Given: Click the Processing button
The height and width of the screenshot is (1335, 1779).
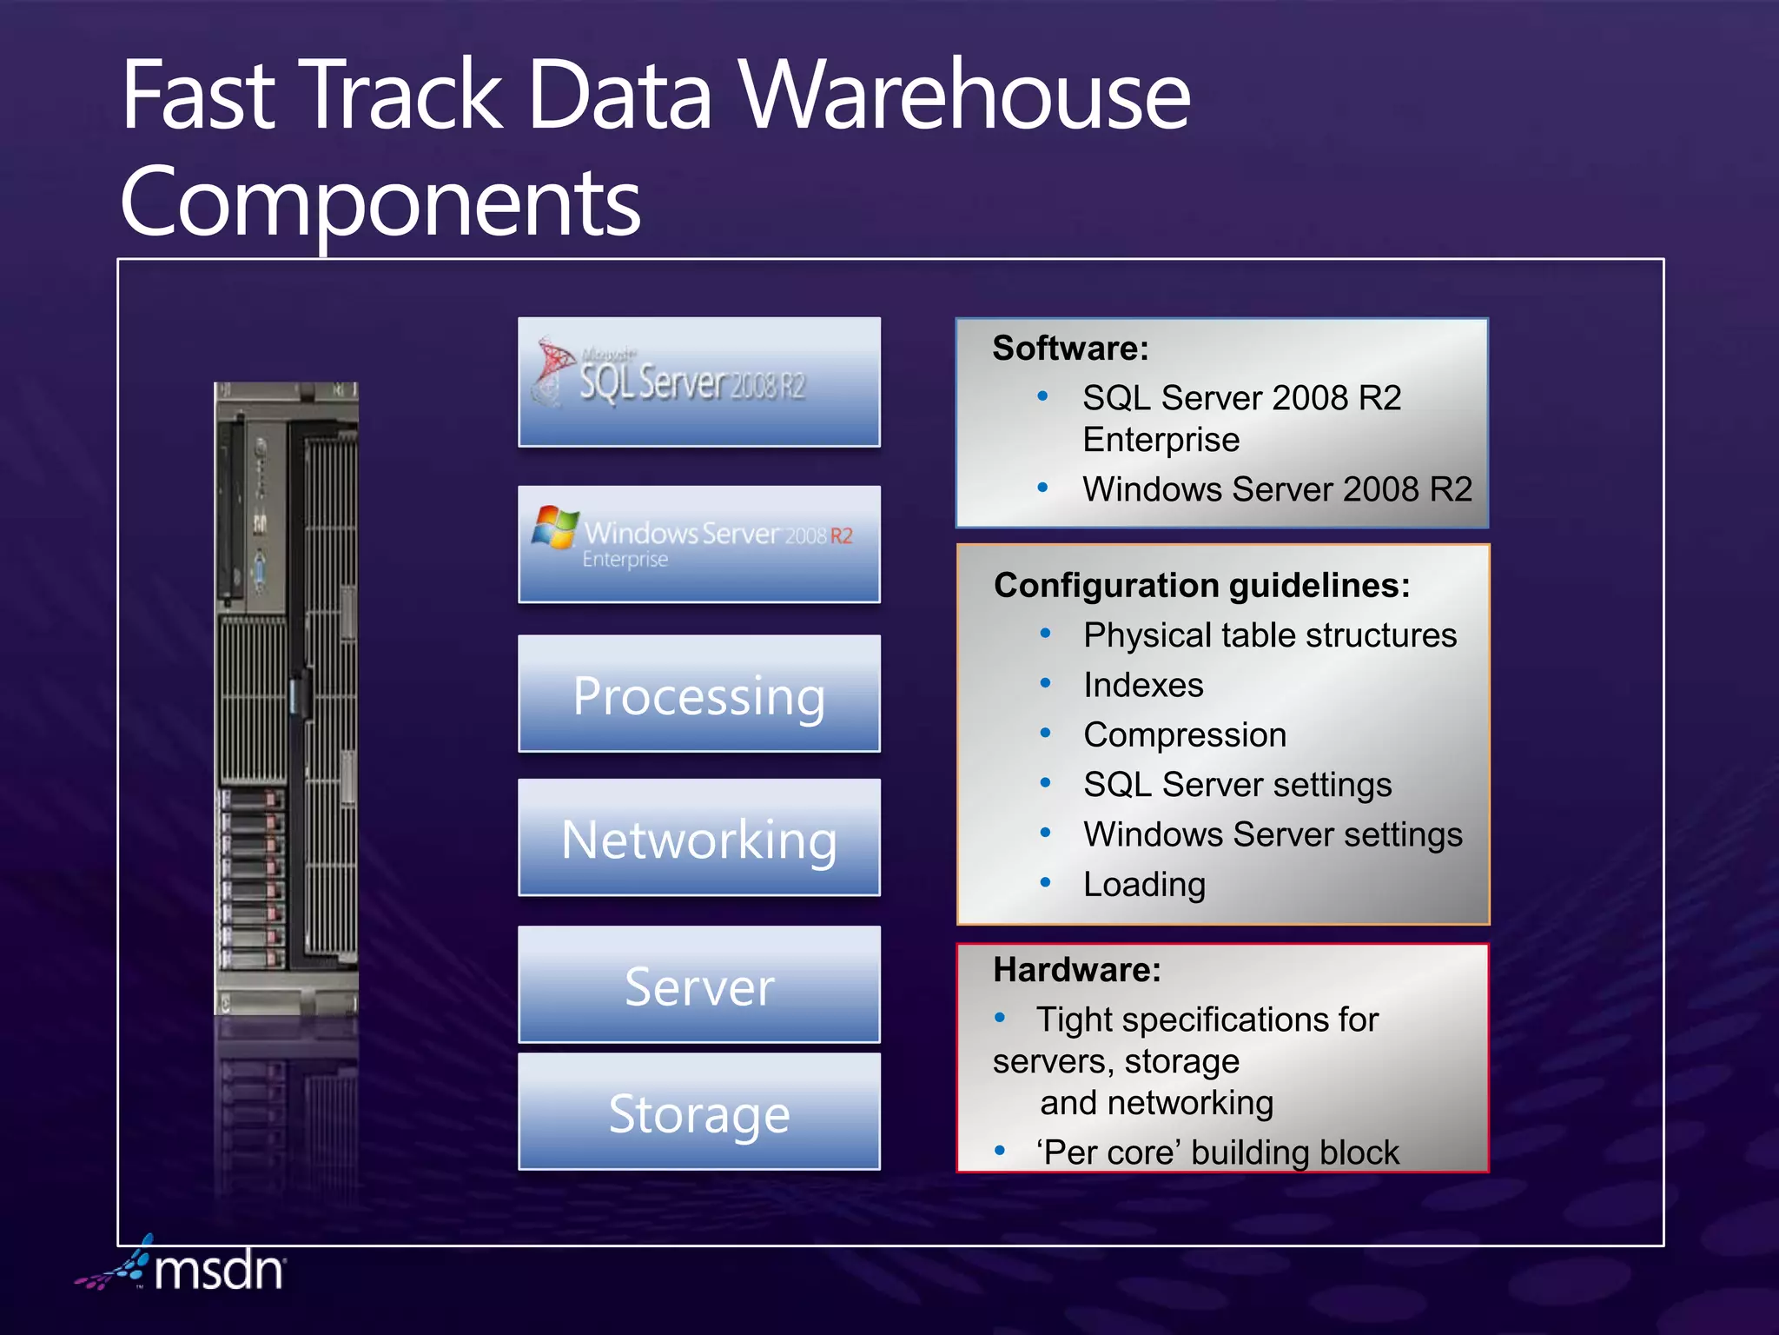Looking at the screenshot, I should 699,694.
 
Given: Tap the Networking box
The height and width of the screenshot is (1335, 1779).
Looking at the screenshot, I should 699,838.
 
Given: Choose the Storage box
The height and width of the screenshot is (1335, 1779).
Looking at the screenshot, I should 699,1112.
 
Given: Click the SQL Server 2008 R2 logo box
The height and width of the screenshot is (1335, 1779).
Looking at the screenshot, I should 699,382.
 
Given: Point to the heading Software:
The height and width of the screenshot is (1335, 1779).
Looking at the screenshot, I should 1070,349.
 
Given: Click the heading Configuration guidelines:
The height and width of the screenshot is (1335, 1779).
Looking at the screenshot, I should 1201,585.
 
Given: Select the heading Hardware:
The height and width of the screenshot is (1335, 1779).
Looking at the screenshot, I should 1076,969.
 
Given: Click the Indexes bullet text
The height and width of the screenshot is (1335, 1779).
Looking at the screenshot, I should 1143,685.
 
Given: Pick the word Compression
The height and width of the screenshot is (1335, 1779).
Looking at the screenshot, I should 1185,735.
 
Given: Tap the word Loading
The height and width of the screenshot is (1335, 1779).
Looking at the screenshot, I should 1144,885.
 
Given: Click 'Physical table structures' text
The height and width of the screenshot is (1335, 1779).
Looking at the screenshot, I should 1269,635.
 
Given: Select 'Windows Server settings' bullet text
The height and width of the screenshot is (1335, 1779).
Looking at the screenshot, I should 1273,834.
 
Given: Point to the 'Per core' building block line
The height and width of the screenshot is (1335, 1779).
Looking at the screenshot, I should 1217,1152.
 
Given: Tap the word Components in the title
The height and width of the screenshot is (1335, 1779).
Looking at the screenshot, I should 380,202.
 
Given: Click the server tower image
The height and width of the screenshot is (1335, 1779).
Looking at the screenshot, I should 286,695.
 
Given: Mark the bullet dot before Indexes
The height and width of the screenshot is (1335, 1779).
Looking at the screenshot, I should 1045,683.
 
